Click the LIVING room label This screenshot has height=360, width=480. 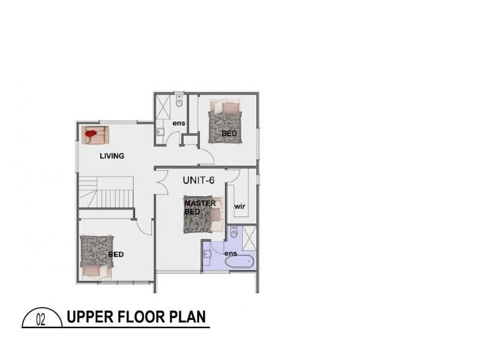point(112,156)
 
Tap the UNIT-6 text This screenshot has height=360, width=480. point(199,179)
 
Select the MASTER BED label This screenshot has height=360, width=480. point(200,208)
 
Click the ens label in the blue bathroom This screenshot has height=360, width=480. point(231,254)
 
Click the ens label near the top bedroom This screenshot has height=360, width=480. point(178,124)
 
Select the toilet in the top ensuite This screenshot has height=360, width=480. point(179,103)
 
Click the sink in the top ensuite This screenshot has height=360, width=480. point(160,133)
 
